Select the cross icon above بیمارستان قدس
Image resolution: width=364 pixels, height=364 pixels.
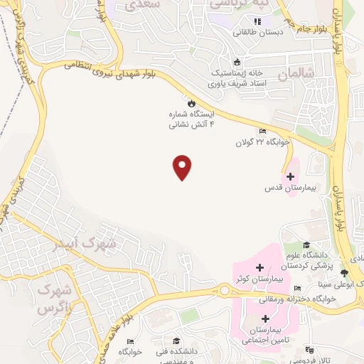pos(289,176)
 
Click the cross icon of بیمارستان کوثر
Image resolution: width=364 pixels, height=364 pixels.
pos(259,269)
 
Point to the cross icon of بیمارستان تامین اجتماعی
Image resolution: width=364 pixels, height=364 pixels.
pos(264,319)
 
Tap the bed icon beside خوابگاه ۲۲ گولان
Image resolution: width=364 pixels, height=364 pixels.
pos(262,132)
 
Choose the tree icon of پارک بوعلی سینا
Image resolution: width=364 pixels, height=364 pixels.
pos(345,273)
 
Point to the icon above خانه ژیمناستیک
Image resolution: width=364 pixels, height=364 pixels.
pos(237,62)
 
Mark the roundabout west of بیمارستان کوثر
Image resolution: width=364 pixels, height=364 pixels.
pos(227,291)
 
